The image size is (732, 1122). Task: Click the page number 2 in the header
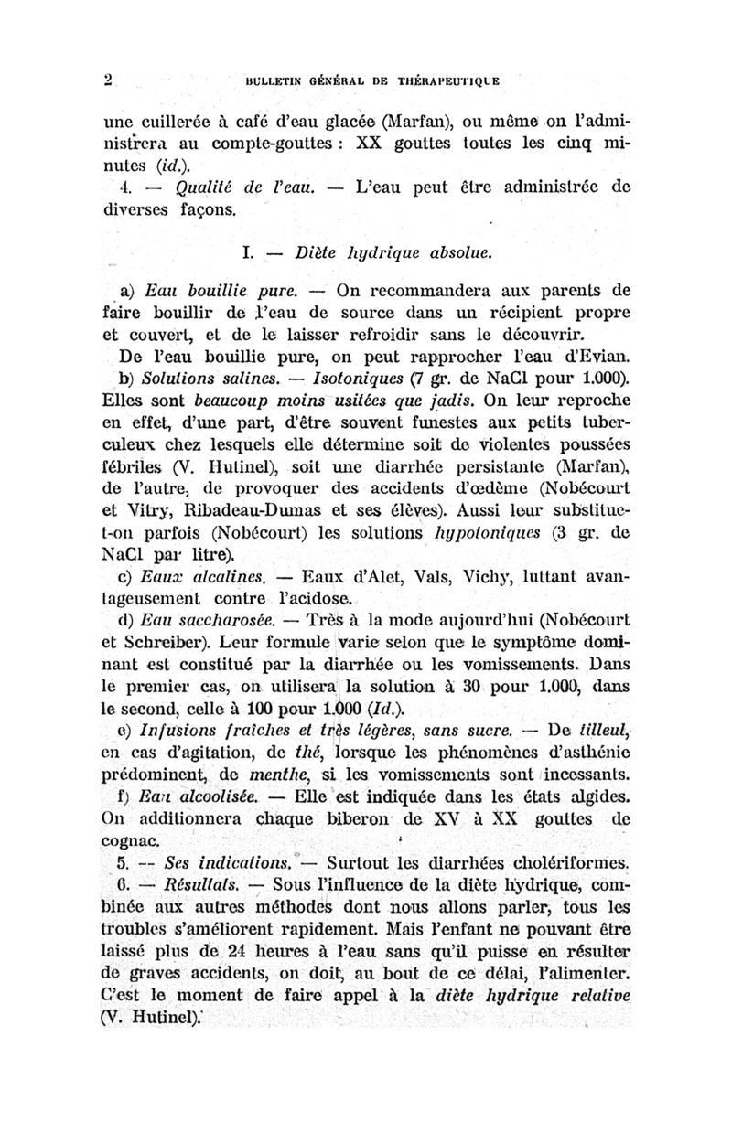tap(107, 79)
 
